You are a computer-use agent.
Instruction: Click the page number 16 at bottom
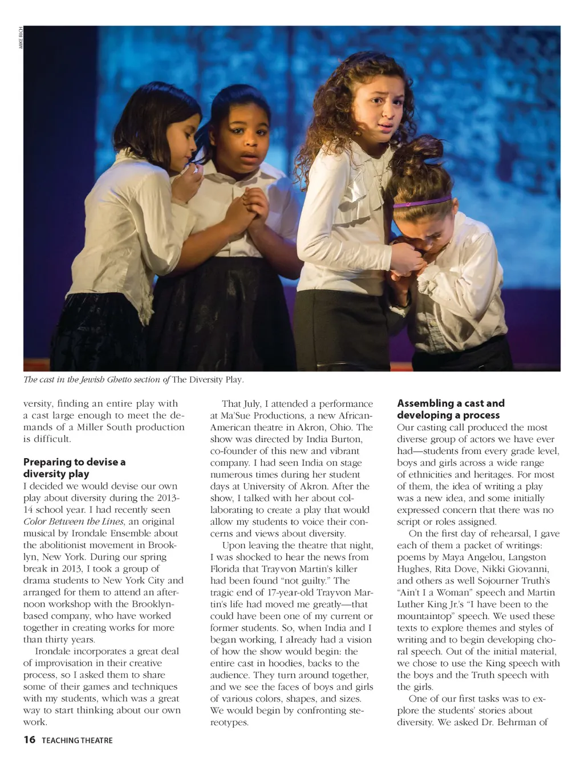pos(29,740)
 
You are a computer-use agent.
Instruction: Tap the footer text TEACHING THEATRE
pos(77,740)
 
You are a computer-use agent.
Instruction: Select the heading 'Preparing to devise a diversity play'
pos(74,468)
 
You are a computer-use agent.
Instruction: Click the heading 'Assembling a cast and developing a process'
pos(451,409)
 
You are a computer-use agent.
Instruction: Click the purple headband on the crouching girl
pos(421,202)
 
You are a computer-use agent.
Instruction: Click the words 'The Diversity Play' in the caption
pos(208,379)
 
